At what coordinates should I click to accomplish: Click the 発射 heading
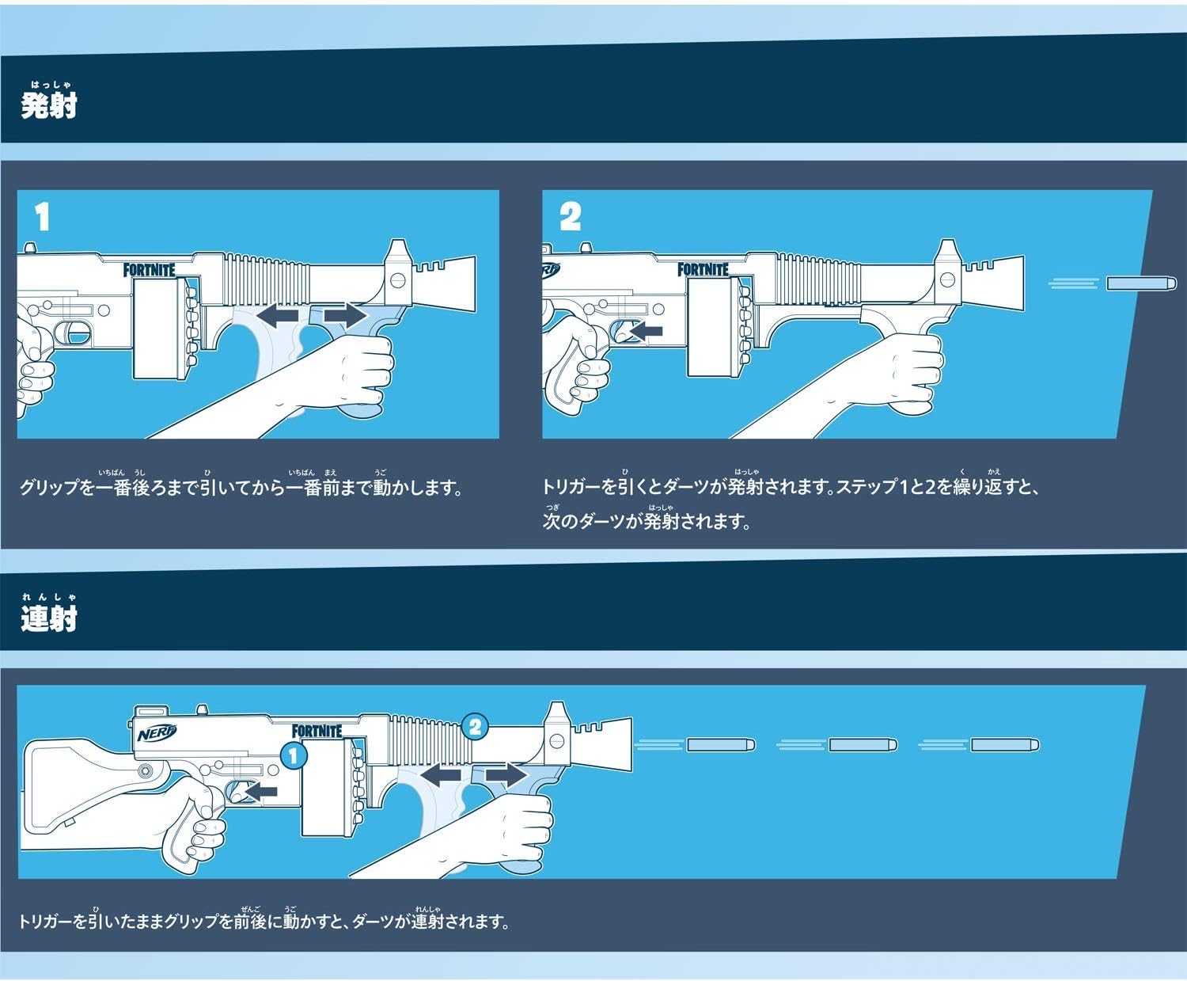[48, 104]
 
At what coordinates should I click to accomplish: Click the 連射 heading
[48, 617]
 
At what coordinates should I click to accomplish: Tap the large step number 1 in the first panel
[43, 217]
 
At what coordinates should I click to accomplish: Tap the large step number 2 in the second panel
[570, 216]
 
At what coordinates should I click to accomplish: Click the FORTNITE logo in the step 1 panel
[149, 270]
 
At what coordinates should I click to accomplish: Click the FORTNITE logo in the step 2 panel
[703, 270]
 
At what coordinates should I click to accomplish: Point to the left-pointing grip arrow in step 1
[279, 317]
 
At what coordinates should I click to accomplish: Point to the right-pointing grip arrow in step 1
[346, 316]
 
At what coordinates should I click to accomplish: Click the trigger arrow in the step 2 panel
[646, 331]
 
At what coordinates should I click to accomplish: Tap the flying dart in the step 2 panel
[1140, 283]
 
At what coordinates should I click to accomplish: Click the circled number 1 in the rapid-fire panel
[293, 755]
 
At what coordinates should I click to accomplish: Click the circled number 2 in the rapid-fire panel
[475, 727]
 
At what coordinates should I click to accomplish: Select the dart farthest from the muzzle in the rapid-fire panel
[1004, 744]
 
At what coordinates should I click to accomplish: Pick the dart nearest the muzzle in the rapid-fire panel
[720, 744]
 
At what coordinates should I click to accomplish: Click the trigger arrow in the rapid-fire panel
[261, 790]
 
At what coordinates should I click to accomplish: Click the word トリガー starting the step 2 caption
[571, 487]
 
